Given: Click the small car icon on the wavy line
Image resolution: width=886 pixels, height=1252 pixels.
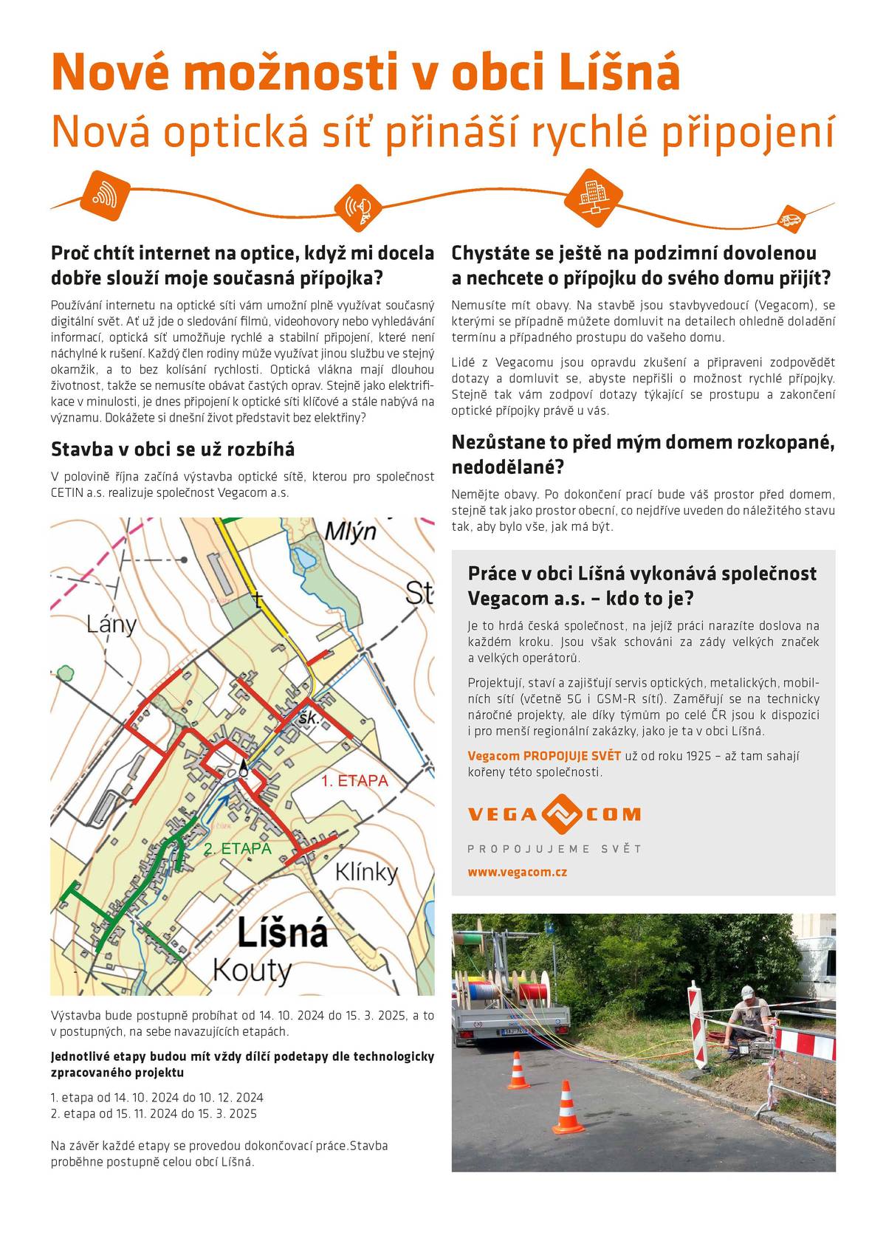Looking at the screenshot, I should pos(789,219).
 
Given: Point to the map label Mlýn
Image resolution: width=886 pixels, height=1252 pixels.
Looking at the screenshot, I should pos(351,532).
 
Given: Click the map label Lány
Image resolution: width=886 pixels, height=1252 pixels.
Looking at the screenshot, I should pos(111,625).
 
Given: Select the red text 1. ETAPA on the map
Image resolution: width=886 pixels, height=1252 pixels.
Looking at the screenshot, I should pos(354,781).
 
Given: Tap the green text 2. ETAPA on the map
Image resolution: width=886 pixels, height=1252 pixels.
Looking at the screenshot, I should pos(238,849).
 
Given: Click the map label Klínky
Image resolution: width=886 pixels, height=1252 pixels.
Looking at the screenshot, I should pos(366,872).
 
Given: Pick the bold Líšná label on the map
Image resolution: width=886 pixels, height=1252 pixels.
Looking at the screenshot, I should pos(283,933).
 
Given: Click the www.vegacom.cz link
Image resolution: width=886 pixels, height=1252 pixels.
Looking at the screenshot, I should pos(517,872).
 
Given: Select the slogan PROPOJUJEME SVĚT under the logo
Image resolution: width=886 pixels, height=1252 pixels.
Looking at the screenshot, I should pos(554,849).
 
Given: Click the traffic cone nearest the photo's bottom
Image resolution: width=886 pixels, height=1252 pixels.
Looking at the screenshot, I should pos(568,1107).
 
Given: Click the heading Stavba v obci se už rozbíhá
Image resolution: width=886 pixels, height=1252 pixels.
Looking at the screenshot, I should pos(173,449).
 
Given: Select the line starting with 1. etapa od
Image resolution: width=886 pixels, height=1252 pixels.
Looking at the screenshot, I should pos(157,1098).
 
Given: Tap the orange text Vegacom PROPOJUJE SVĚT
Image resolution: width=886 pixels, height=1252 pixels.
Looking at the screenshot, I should pos(544,756).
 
